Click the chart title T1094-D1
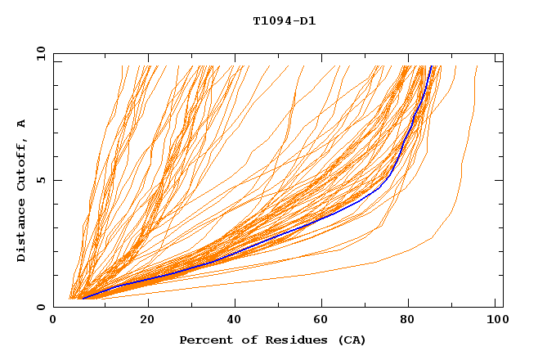click(x=284, y=21)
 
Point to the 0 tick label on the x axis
click(x=54, y=322)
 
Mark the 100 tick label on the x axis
click(x=495, y=322)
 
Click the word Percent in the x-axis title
click(x=204, y=340)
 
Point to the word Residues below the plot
click(x=290, y=340)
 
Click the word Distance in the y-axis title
click(x=21, y=231)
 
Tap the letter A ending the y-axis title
click(x=21, y=124)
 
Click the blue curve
click(x=327, y=215)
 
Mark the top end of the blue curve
click(x=432, y=66)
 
